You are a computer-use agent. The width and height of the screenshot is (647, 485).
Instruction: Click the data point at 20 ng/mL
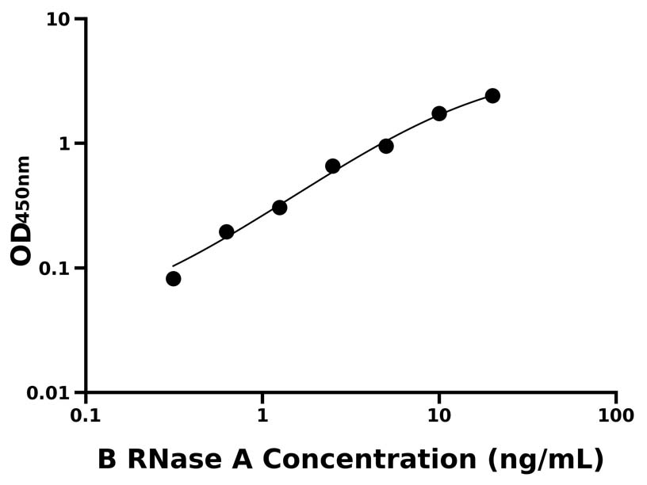click(492, 96)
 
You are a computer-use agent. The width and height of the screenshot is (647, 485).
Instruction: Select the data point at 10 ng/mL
click(439, 113)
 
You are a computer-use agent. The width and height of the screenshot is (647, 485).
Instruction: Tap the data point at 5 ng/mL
click(386, 146)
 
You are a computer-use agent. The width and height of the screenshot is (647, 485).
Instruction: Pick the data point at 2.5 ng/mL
click(333, 166)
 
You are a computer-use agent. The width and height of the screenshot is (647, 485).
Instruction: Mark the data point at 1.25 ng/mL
click(280, 208)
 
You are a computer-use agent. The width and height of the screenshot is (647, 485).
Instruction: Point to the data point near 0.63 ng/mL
click(227, 232)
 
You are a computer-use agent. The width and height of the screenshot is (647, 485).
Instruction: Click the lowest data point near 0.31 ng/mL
click(174, 279)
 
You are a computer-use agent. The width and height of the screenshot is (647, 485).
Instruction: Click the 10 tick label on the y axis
click(58, 19)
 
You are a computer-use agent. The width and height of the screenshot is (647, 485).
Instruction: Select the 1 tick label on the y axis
click(65, 143)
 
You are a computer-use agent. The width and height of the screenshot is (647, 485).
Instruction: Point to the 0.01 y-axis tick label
click(50, 392)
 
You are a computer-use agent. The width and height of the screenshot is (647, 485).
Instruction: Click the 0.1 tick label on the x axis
click(85, 415)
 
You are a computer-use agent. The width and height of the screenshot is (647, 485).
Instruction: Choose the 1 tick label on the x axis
click(262, 415)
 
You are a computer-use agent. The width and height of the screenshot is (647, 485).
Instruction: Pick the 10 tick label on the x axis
click(438, 415)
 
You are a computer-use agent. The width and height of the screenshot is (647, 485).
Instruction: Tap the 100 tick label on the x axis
click(615, 415)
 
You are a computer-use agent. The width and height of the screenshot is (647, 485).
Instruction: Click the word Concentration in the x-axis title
click(369, 460)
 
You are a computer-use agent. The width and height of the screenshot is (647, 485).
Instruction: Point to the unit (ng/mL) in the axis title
click(546, 460)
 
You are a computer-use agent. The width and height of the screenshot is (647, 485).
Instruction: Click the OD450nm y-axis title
click(21, 210)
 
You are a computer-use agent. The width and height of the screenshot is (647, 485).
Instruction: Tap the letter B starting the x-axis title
click(106, 460)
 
